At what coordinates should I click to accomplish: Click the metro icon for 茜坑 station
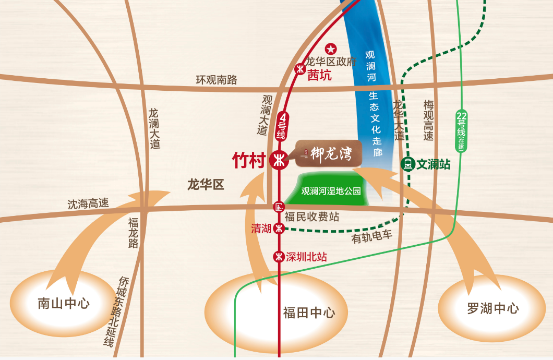coord(300,68)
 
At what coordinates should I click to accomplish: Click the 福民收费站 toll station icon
coord(279,207)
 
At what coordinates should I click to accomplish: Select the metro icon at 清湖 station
coord(280,228)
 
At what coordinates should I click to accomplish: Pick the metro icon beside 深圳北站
coord(280,256)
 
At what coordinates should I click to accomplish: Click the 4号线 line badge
coord(282,126)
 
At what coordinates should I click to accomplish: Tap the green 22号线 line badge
coord(461,130)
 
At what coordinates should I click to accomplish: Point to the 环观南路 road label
coord(216,80)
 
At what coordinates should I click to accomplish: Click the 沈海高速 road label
coord(88,204)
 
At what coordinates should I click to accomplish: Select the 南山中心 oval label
coord(64,303)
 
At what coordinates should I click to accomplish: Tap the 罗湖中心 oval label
coord(493,308)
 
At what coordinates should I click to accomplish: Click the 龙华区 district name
coord(206,184)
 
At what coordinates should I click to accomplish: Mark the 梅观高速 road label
coord(428,121)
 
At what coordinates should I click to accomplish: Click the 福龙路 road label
coord(134,233)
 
